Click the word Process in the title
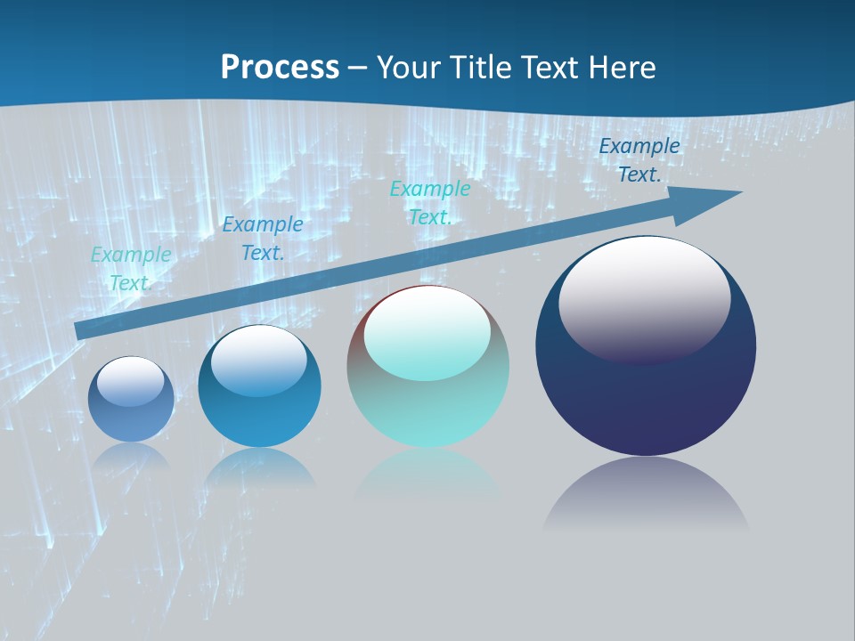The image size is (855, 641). [280, 67]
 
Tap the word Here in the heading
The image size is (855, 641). [622, 67]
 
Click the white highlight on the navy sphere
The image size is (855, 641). [644, 298]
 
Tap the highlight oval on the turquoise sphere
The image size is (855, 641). [427, 333]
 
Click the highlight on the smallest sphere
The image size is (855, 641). [131, 381]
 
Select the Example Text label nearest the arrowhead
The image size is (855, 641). [639, 160]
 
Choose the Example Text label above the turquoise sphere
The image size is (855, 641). [430, 203]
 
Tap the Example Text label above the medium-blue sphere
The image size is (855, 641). [263, 239]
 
